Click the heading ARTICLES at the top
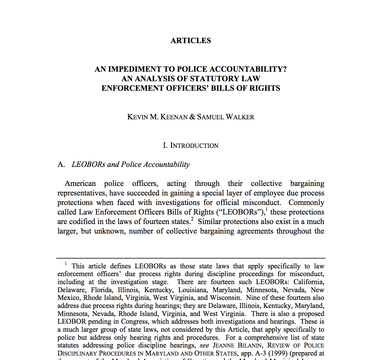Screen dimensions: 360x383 [191, 41]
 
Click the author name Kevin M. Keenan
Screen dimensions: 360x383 [157, 117]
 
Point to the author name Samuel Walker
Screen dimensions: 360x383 [225, 117]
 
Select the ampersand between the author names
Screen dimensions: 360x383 [192, 117]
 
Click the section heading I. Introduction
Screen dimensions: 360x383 [191, 145]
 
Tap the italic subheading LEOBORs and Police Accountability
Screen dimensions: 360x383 [130, 165]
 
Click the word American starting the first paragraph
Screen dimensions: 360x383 [80, 184]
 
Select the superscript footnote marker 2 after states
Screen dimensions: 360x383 [192, 220]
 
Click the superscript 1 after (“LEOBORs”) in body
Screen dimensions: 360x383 [267, 210]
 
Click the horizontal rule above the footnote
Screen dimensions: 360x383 [191, 258]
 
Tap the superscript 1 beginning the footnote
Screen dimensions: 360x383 [66, 264]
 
